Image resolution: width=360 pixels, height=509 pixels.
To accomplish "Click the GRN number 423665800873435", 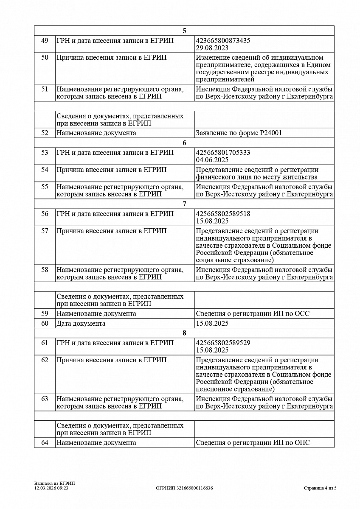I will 223,41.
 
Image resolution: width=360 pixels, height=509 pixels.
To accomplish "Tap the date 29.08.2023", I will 212,48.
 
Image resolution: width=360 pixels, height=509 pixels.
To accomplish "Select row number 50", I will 45,58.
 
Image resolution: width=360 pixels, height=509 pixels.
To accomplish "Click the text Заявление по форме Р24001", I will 239,133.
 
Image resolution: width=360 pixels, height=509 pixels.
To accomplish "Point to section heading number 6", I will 184,143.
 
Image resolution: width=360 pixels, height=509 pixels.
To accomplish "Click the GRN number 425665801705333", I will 223,153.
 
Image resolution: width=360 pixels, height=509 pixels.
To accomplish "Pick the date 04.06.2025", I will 212,160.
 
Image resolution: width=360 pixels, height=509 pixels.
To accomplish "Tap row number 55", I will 45,187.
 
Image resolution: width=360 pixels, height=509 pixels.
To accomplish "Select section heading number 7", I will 184,204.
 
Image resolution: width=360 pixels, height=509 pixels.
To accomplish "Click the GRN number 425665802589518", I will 223,214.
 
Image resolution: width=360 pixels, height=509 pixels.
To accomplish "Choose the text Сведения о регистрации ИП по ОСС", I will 253,313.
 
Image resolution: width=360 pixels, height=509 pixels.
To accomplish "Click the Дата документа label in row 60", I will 81,324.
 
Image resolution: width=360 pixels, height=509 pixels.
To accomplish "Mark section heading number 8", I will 184,333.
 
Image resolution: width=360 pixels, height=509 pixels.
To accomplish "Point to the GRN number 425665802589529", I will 223,343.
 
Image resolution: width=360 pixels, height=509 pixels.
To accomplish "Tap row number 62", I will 45,360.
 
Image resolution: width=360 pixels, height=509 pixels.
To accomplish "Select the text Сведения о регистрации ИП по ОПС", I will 253,442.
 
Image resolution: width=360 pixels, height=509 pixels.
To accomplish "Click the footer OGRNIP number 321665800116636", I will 184,488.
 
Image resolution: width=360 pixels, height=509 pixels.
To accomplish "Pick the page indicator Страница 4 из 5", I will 320,488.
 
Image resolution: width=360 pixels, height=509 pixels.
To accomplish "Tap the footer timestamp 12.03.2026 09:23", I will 51,488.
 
